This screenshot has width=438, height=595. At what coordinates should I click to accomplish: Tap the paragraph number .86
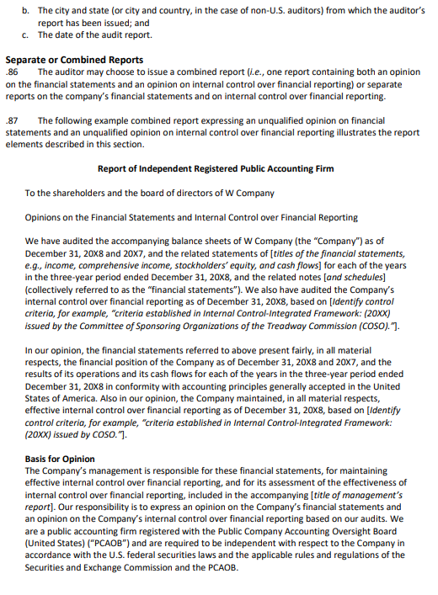[12, 72]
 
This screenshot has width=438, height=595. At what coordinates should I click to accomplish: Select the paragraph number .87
[12, 121]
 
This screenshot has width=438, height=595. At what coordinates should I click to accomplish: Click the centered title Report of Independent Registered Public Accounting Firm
[216, 169]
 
